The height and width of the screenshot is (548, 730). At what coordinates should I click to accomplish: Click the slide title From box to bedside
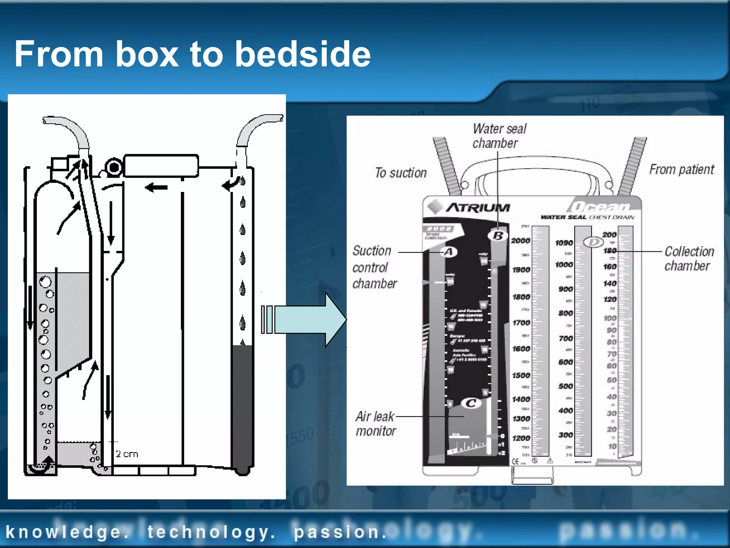coord(192,54)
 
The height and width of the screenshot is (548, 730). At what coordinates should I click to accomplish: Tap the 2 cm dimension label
coord(127,454)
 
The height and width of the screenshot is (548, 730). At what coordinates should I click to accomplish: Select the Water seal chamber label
coord(499,136)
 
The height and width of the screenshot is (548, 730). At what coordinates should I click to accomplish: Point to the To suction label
coord(401,173)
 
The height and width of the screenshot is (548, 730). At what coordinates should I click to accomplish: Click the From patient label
coord(681,169)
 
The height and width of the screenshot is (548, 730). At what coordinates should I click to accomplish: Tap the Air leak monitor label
coord(375,424)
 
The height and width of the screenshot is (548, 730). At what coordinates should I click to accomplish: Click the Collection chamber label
coord(689,259)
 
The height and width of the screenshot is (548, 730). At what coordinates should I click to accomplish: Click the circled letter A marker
coord(449,252)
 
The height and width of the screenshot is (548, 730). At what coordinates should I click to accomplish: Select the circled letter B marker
coord(498,236)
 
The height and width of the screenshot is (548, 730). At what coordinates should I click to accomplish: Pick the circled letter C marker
coord(471,404)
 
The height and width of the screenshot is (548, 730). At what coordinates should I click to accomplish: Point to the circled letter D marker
coord(593,243)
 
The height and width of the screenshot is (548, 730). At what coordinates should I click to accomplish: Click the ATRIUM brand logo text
coord(478,208)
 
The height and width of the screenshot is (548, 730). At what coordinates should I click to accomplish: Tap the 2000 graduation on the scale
coord(520,241)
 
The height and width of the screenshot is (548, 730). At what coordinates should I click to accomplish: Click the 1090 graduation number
coord(564,243)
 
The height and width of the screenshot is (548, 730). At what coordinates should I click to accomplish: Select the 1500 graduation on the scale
coord(521,375)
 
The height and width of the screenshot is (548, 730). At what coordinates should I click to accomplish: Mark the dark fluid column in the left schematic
coord(242,407)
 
